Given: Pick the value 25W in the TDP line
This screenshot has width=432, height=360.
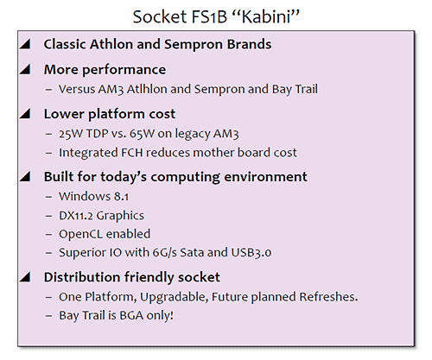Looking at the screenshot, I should [x=74, y=134].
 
